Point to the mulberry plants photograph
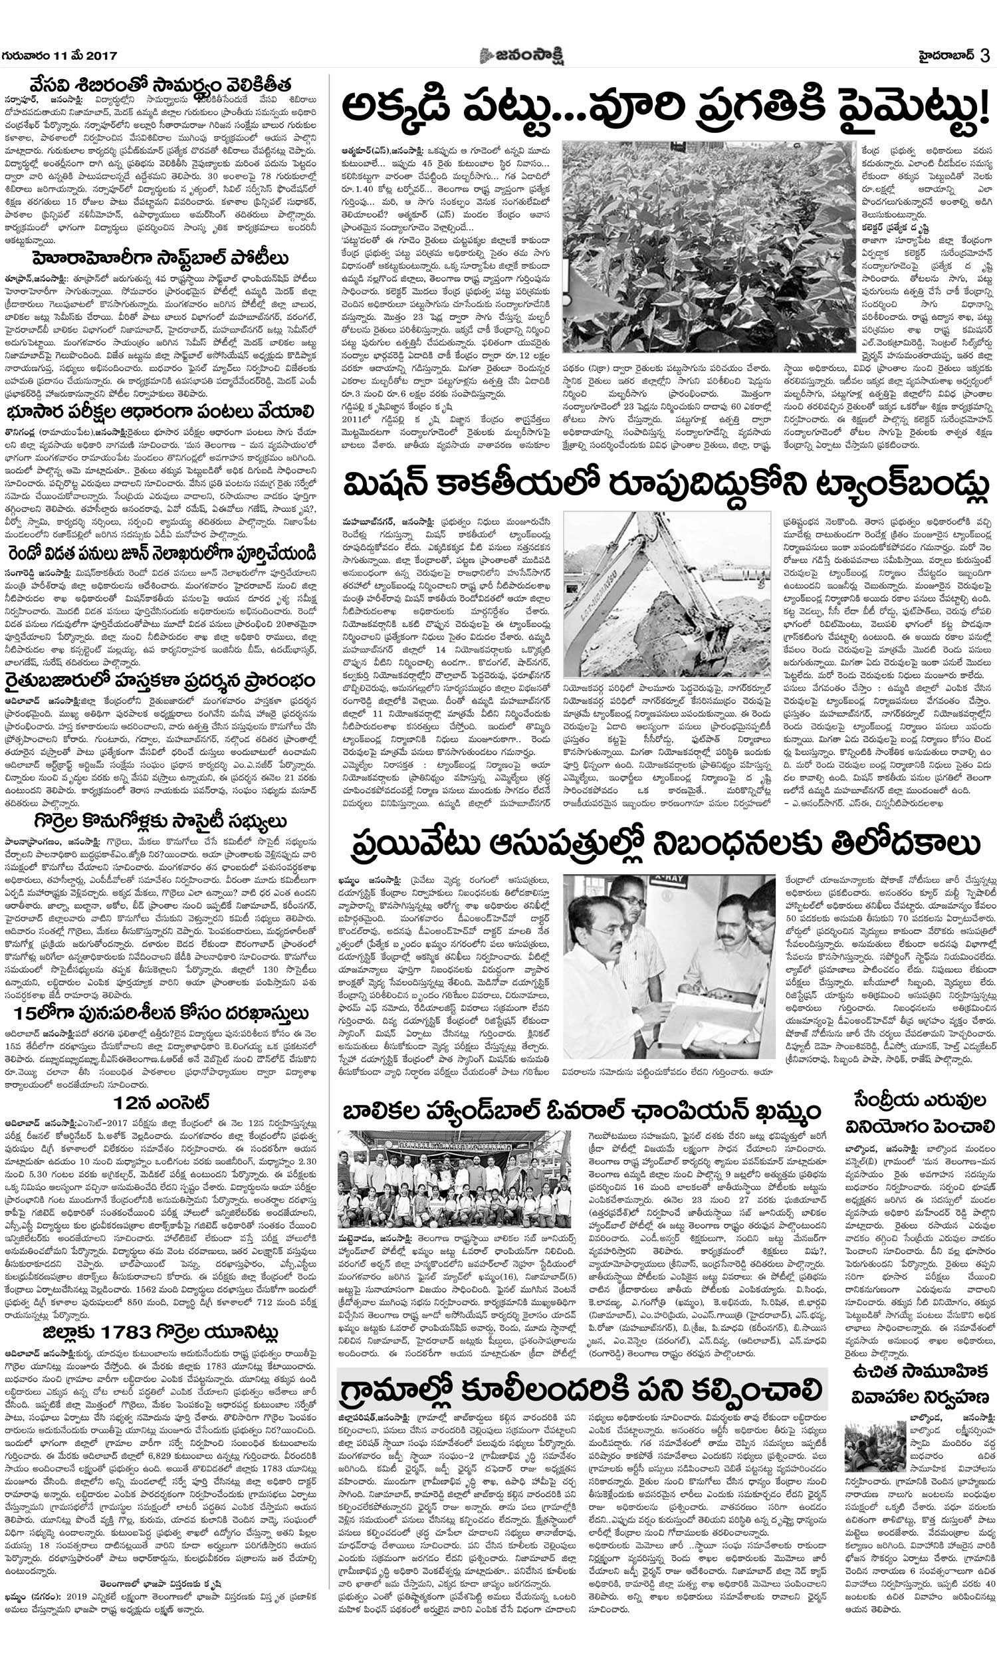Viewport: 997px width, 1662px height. coord(708,246)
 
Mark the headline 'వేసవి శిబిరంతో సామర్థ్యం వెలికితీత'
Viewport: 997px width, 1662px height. coord(162,87)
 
